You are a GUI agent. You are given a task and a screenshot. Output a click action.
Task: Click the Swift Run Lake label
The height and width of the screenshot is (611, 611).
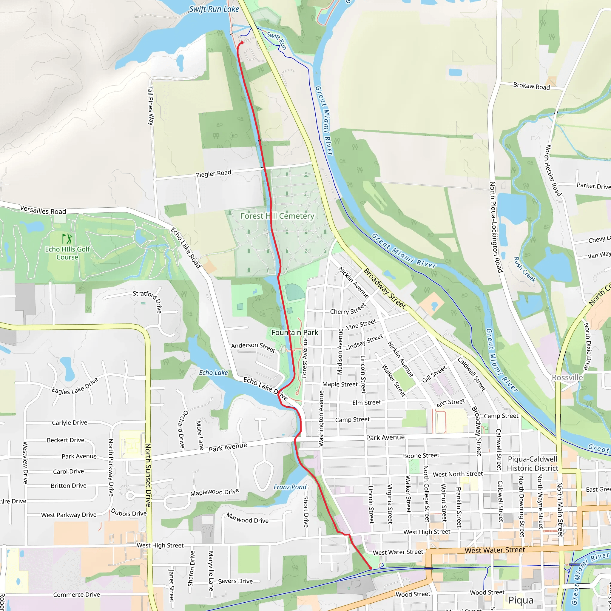[214, 9]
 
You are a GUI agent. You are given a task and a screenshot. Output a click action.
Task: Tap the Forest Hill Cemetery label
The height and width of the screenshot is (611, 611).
[277, 216]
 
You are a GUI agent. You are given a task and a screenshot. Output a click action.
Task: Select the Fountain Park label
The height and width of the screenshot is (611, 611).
[295, 332]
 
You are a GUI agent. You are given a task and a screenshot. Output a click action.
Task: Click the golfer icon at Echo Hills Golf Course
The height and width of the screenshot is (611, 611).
[67, 238]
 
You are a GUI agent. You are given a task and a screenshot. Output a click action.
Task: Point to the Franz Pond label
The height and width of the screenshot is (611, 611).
[290, 487]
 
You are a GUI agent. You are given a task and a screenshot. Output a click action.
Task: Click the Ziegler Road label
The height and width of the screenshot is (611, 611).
[214, 174]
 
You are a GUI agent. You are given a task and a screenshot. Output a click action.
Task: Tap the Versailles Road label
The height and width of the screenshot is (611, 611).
[43, 210]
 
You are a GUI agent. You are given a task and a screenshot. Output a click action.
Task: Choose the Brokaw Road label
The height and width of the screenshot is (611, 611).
[531, 86]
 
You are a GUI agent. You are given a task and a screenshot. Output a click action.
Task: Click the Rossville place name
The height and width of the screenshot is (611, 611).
[567, 378]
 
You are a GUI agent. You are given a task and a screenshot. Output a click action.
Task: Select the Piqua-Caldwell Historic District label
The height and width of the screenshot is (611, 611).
[533, 464]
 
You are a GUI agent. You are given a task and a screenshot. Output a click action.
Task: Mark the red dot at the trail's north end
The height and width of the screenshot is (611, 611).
[242, 43]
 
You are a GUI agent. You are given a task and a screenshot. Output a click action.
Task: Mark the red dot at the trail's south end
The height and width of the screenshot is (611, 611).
[371, 568]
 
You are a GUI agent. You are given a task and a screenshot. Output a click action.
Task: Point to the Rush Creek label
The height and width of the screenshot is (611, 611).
[525, 270]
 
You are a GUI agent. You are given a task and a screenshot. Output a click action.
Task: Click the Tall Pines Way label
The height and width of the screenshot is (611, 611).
[151, 106]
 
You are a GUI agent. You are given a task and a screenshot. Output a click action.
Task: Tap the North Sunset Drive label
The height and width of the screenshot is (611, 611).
[148, 475]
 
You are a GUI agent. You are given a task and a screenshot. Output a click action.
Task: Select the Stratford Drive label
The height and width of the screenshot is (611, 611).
[148, 301]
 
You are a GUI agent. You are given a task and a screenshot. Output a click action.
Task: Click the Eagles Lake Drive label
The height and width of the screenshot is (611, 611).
[75, 386]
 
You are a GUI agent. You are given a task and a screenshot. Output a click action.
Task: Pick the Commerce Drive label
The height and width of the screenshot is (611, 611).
[77, 595]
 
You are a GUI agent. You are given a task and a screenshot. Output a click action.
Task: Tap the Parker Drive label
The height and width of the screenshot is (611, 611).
[594, 186]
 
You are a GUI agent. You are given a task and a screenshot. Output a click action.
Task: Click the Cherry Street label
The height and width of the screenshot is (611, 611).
[348, 309]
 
